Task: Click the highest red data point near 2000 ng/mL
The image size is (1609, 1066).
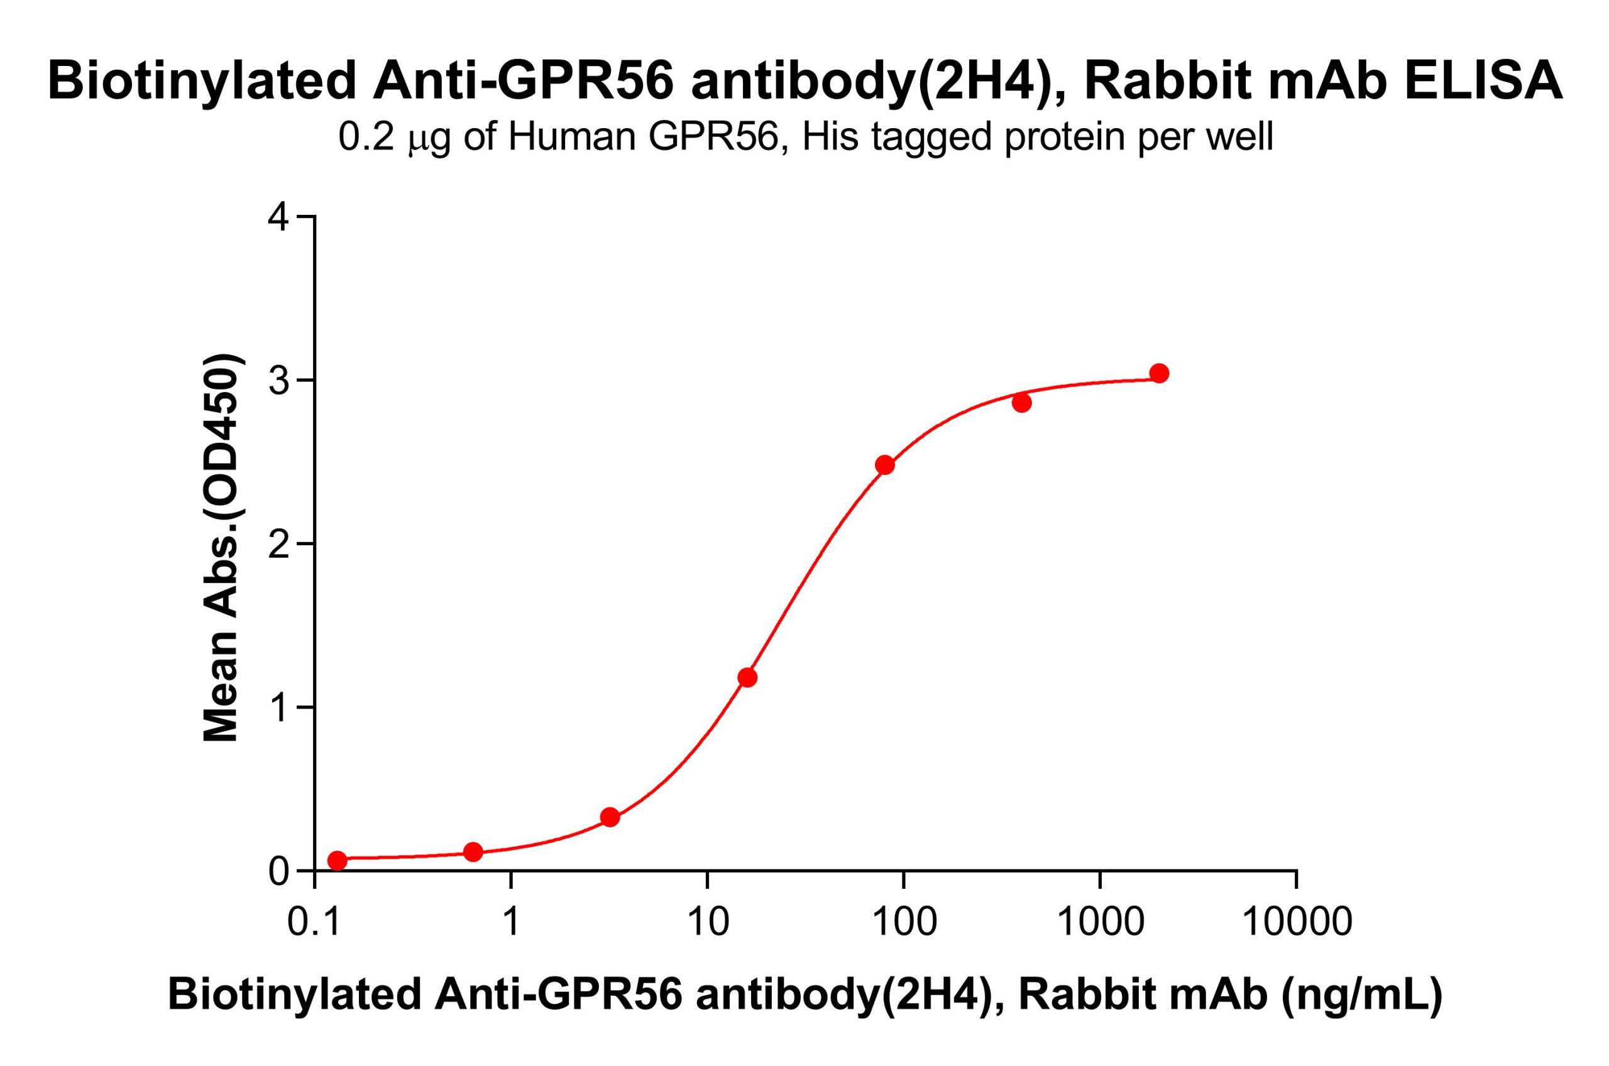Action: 1160,373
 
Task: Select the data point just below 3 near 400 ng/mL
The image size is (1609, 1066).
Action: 1021,403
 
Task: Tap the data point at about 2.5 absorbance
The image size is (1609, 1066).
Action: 884,465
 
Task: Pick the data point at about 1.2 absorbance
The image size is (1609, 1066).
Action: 747,678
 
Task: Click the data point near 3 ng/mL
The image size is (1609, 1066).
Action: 610,817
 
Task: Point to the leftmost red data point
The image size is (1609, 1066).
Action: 338,860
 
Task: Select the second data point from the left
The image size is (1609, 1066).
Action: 473,852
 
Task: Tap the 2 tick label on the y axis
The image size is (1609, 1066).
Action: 280,545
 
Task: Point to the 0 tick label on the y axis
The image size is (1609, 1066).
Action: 280,871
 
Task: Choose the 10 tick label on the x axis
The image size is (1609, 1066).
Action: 707,923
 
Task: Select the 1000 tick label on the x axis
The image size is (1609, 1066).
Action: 1100,923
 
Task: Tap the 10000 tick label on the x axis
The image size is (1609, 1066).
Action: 1296,923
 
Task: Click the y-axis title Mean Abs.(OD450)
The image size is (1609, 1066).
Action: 222,547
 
